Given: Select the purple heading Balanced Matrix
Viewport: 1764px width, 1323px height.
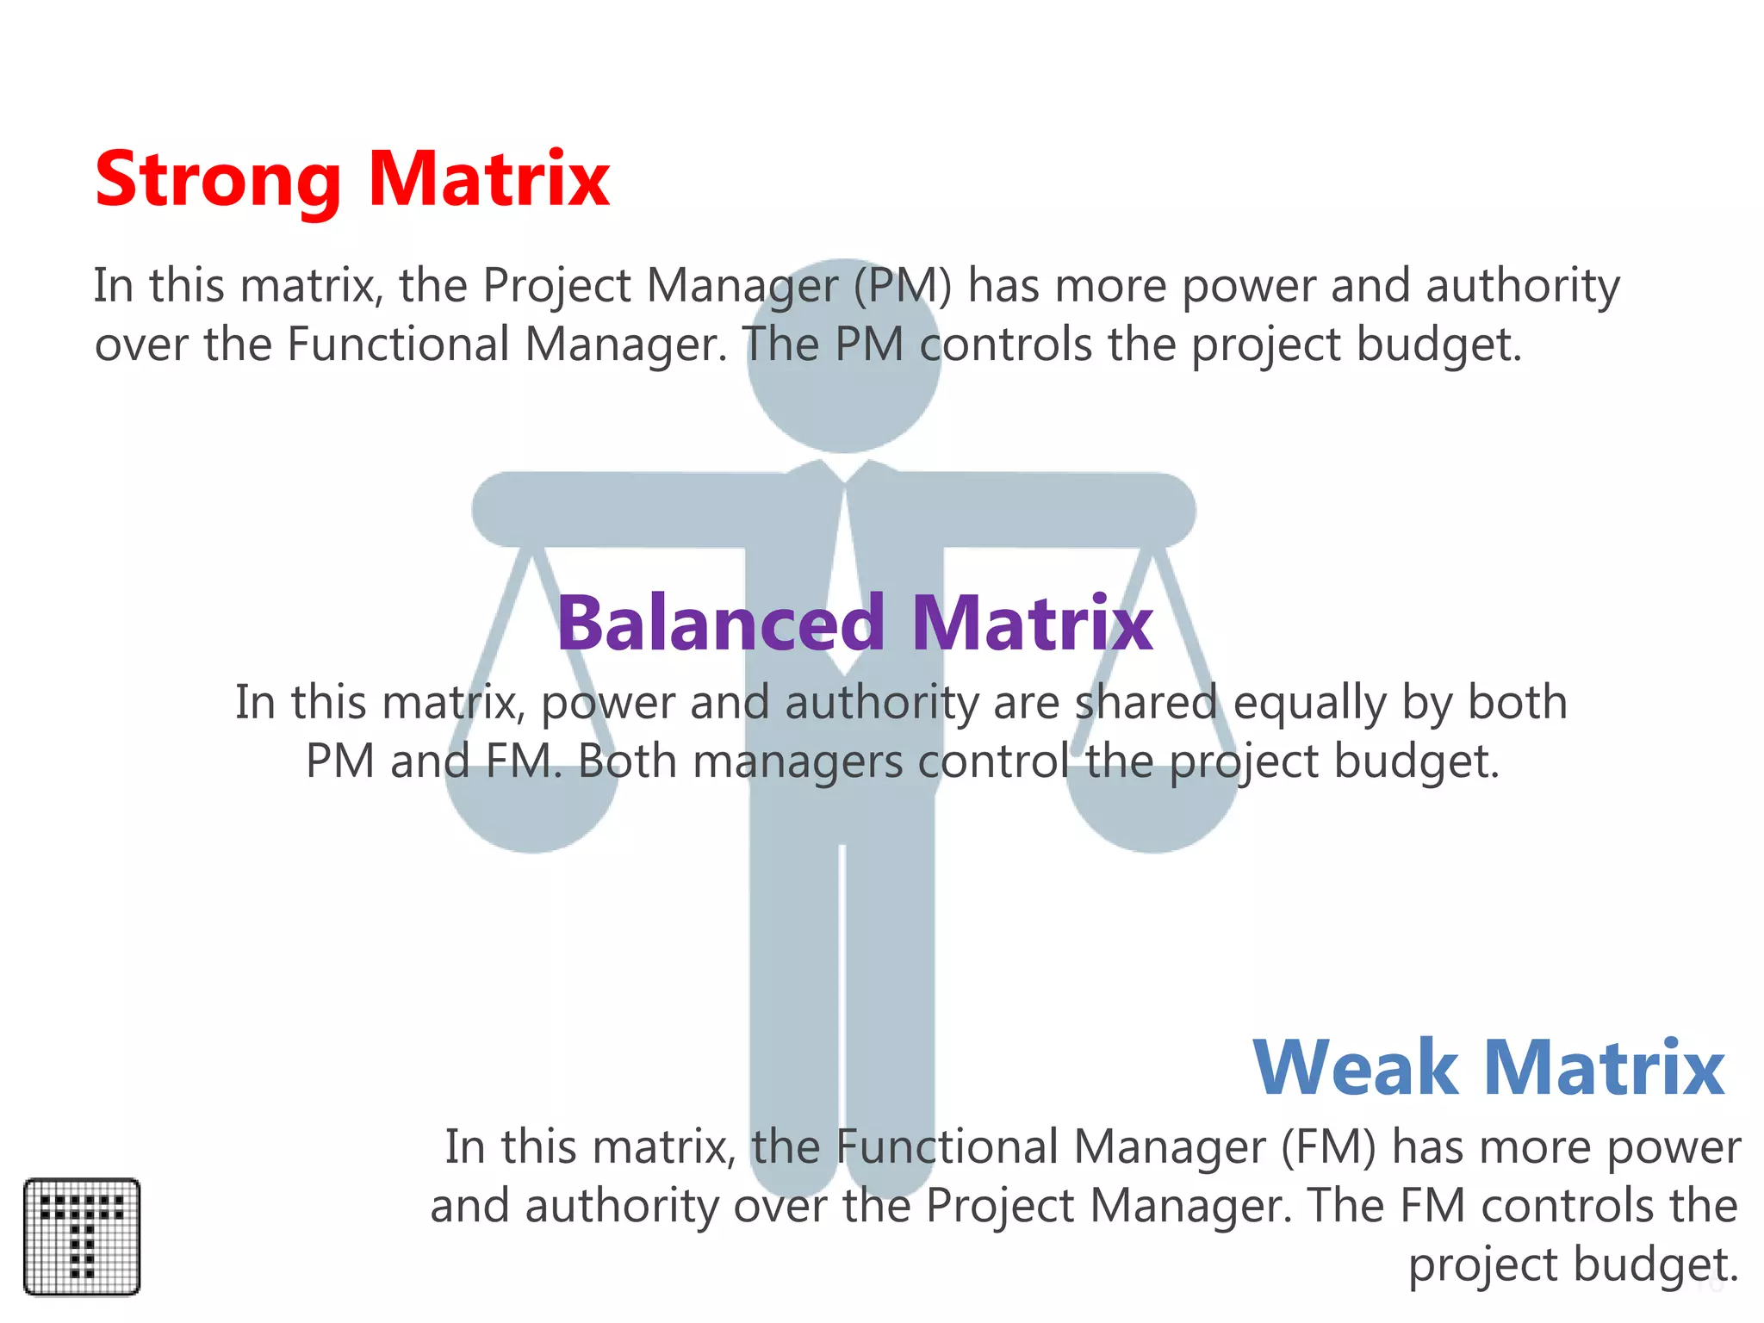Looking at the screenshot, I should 854,623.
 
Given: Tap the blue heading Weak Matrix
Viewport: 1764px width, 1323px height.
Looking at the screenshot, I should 1488,1068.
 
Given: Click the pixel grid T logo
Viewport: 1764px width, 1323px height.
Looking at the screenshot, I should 82,1236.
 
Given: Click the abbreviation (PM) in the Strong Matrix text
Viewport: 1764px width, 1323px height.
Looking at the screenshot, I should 903,286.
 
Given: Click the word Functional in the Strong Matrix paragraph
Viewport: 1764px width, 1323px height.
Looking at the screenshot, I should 398,345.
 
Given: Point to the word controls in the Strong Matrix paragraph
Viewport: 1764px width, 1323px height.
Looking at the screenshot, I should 1005,345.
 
